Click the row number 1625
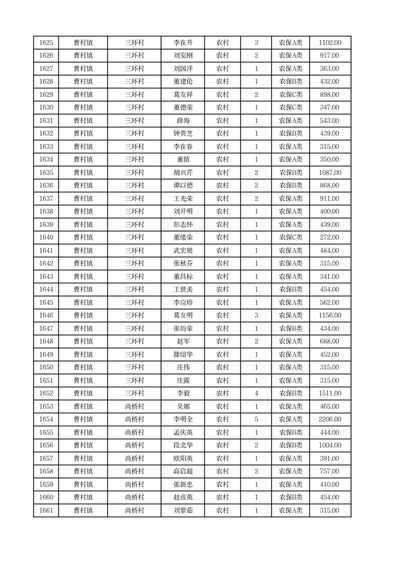[x=46, y=43]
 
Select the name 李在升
[x=182, y=43]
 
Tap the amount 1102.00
[x=330, y=43]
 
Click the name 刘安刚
[x=182, y=56]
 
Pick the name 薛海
[x=182, y=121]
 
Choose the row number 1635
[x=46, y=173]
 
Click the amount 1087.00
[x=330, y=173]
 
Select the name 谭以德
[x=182, y=186]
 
